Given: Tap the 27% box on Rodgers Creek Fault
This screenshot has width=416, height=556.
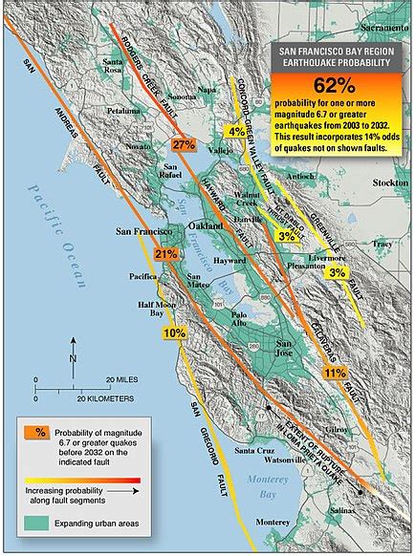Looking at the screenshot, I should [184, 145].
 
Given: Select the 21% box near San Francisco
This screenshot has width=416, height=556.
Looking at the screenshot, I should [165, 254].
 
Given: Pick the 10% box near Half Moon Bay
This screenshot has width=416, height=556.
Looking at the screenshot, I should [174, 333].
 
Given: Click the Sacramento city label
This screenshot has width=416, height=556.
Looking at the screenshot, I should [379, 17].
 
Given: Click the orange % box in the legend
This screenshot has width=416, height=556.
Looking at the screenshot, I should [41, 431].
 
